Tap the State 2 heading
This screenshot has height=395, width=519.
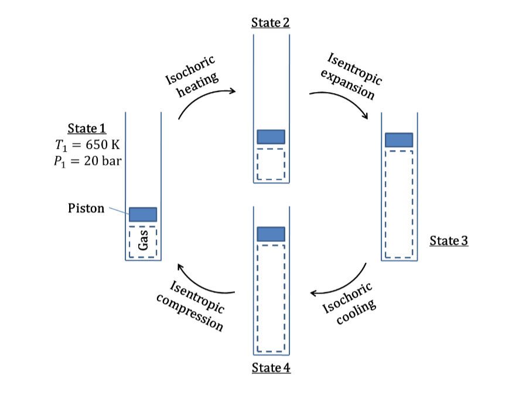(271, 23)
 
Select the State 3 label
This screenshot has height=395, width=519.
(449, 240)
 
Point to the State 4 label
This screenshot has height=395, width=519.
(271, 368)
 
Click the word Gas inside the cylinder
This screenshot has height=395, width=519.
(142, 240)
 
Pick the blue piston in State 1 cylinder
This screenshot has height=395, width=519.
(143, 214)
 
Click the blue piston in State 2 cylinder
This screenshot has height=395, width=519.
(271, 137)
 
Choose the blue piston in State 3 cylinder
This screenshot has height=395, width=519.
(398, 140)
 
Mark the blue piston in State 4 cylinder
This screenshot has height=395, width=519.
(271, 234)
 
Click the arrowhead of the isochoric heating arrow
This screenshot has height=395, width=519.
(233, 91)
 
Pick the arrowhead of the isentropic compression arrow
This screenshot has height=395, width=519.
(180, 267)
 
